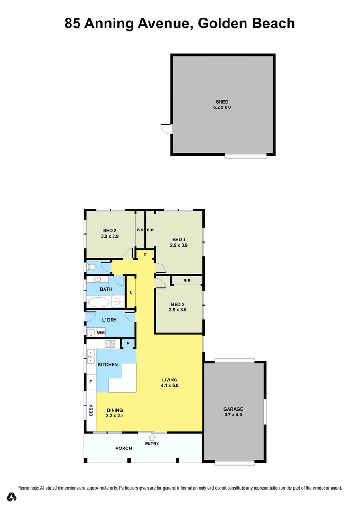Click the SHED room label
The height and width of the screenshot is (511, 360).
coord(222,102)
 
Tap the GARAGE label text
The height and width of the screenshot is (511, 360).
coord(233,409)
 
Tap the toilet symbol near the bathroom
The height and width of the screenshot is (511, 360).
coord(92,267)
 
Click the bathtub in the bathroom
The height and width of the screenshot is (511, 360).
coord(99,301)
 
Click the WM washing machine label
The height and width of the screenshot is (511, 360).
coord(101,333)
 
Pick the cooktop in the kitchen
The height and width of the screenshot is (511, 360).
coord(110,344)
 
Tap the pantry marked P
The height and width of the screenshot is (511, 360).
coord(128,343)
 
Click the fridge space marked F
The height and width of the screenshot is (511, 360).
coord(90,381)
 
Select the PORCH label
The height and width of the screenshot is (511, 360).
coord(123,448)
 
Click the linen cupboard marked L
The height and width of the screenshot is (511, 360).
coord(131,291)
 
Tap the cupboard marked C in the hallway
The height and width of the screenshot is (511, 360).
coord(145,255)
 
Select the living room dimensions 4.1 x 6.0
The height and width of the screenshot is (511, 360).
coord(169,385)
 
